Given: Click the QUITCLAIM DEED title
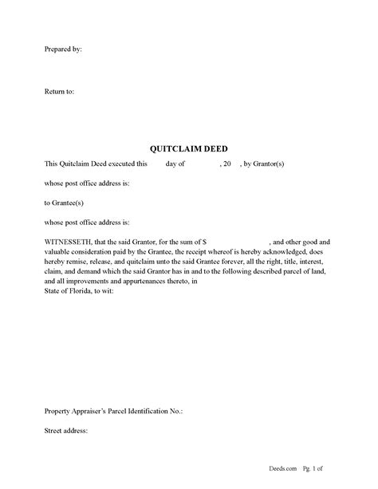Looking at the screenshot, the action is click(188, 148).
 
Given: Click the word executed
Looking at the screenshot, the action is click(116, 164).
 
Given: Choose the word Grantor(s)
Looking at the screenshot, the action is click(278, 164).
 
